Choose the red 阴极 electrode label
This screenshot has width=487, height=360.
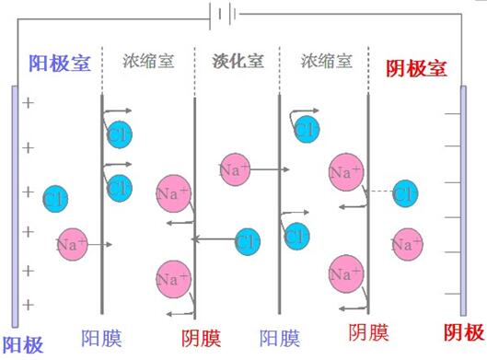(x=464, y=332)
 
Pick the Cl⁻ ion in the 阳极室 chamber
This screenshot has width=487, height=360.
(x=55, y=198)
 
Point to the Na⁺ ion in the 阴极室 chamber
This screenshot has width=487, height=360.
(x=406, y=244)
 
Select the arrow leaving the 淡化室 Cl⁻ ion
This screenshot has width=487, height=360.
(x=214, y=241)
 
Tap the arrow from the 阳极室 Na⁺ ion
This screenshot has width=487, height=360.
(x=101, y=245)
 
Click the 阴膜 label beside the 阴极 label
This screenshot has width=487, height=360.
(x=368, y=332)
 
